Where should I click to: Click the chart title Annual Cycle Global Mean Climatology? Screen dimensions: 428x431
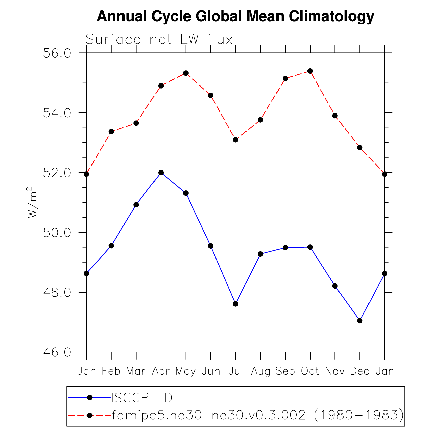coord(235,16)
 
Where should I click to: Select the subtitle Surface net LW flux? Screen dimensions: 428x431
coord(159,39)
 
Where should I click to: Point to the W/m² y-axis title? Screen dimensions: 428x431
coord(33,202)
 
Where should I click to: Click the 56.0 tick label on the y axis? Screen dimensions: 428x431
coord(57,53)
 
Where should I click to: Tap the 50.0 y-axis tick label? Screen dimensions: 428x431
coord(57,233)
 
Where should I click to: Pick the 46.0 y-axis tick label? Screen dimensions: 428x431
coord(57,352)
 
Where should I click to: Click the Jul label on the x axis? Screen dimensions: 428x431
coord(236,371)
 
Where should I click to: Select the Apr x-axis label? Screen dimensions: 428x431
coord(161,371)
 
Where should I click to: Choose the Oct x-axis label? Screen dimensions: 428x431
coord(310,371)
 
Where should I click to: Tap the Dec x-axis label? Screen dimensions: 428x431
coord(360,371)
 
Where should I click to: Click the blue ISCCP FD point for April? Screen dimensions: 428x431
coord(161,173)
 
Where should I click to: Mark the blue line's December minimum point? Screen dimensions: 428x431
coord(360,321)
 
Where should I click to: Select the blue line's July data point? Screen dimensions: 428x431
coord(235,304)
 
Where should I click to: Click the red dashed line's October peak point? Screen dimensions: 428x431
coord(310,71)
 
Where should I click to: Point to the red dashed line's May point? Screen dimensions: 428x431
coord(186,73)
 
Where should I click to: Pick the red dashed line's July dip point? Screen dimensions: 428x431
coord(235,140)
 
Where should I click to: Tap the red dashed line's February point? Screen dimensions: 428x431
coord(111,132)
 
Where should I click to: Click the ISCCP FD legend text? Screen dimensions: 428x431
coord(142,398)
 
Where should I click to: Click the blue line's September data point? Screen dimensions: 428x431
coord(285,248)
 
